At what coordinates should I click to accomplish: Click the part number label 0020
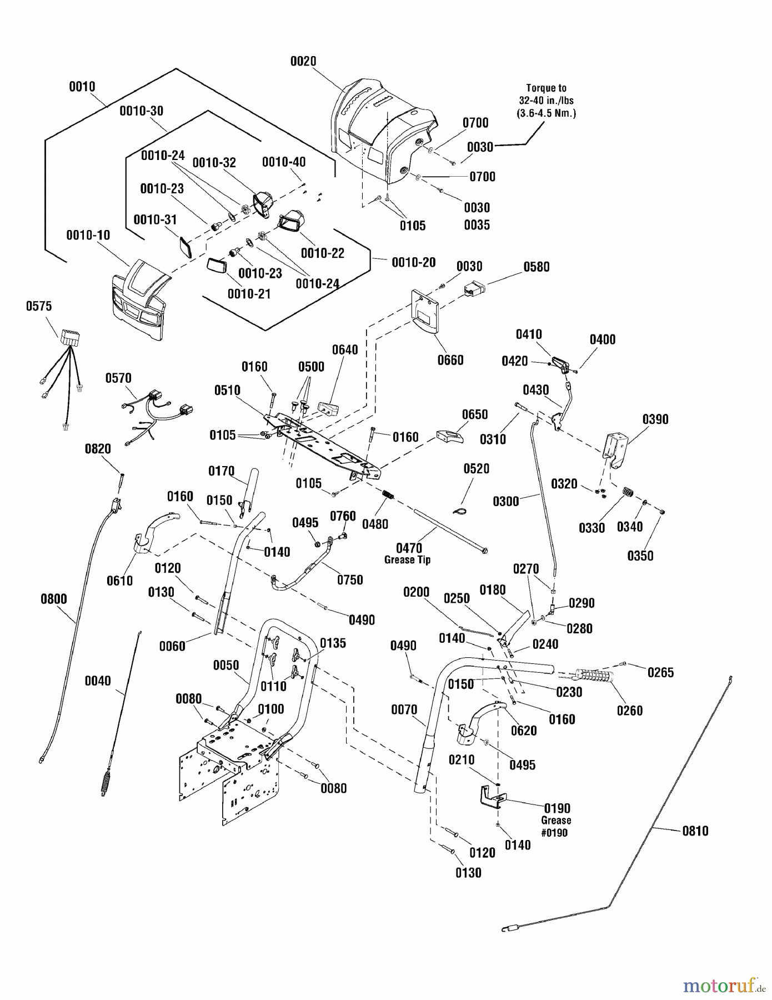303,61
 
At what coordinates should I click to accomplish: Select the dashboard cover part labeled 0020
383,133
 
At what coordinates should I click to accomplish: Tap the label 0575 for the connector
39,306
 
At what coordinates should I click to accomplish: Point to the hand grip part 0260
595,677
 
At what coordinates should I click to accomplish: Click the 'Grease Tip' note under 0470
407,560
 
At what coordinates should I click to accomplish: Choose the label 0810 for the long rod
695,831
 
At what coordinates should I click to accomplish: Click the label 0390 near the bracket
655,419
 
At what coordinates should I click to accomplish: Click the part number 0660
450,361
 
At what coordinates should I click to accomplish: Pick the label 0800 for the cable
54,599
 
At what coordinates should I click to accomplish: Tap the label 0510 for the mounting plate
228,391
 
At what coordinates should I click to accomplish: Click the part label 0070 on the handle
404,709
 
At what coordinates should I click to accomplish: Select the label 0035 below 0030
477,225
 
